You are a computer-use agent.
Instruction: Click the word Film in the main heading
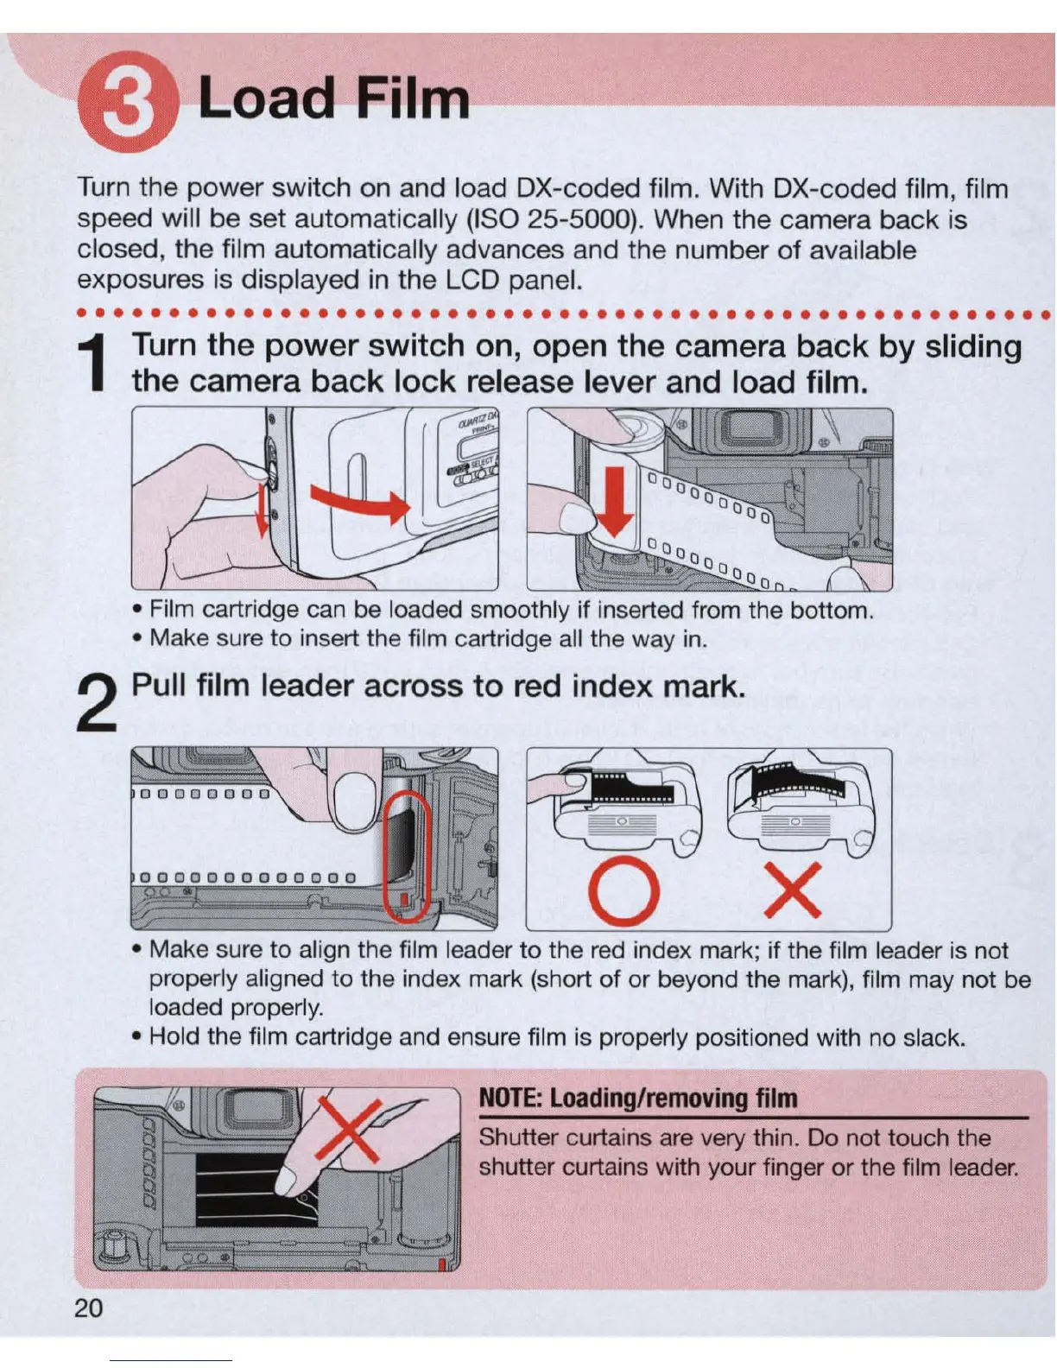(414, 98)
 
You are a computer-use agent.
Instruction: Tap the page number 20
(88, 1308)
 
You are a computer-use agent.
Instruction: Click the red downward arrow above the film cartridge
(615, 501)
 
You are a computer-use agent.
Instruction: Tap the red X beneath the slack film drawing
(793, 890)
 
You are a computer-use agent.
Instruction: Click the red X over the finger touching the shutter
(350, 1130)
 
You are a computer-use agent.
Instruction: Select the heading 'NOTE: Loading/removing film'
(638, 1098)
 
